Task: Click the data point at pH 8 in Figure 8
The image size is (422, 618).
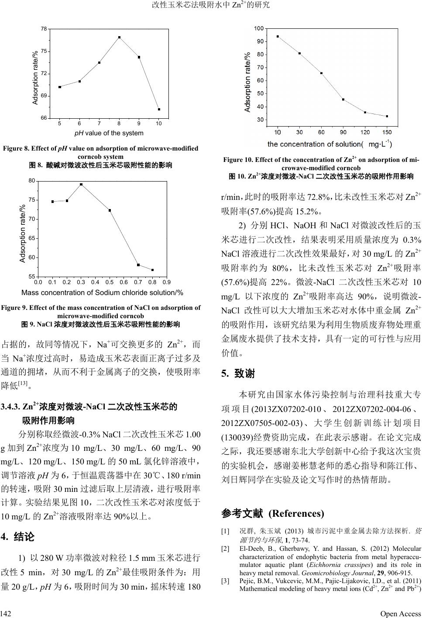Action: coord(119,38)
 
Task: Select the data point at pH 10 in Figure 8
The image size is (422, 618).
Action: coord(159,109)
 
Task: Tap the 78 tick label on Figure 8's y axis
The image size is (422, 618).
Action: coord(44,29)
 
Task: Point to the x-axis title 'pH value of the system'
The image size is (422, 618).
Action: coord(109,133)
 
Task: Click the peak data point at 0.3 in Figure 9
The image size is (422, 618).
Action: coord(81,184)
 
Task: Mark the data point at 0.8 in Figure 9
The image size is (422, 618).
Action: coord(152,270)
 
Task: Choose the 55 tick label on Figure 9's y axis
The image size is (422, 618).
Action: coord(32,277)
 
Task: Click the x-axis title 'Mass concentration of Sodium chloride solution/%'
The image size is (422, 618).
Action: coord(102,292)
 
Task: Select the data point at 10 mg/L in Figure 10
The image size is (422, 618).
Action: coord(278,37)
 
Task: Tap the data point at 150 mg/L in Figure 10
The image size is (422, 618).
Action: coord(387,116)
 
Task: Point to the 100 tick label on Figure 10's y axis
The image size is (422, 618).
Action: coord(259,29)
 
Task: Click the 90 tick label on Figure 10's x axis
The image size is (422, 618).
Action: coord(343,132)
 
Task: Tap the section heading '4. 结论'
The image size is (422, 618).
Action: coord(18,536)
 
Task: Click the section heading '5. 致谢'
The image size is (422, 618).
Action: coord(238,374)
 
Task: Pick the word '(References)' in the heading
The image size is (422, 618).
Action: coord(296,513)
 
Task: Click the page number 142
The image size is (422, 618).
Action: coord(6,614)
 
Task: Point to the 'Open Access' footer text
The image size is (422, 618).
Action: coord(400,614)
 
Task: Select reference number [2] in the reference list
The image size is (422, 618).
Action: coord(225,549)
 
